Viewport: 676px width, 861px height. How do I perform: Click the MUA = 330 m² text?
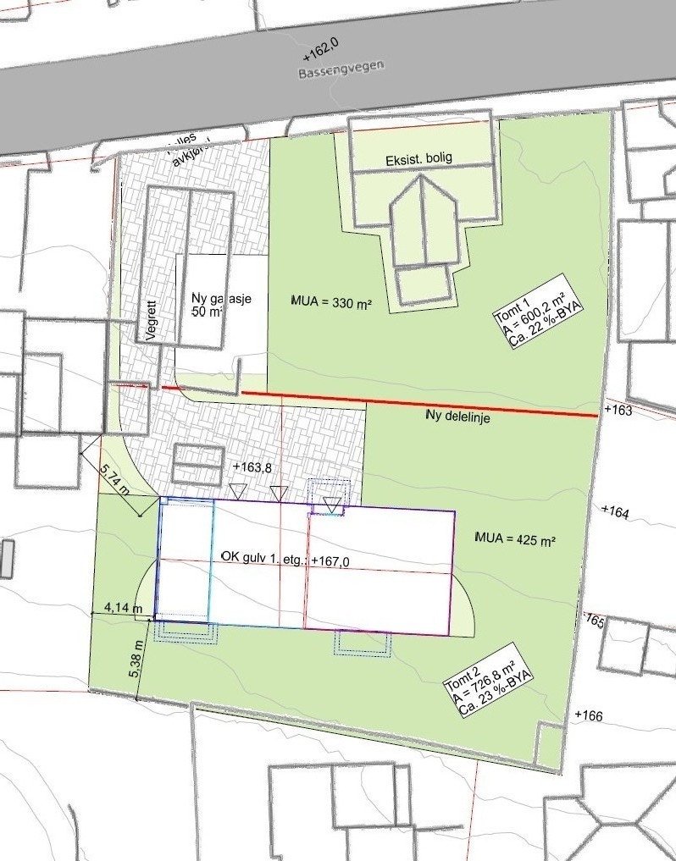tap(332, 302)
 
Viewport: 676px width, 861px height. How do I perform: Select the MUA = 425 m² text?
tap(515, 538)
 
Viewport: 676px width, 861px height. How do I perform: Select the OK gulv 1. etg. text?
tap(263, 559)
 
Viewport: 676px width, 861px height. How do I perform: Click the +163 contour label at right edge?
tap(618, 410)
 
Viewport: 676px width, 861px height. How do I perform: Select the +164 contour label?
tap(616, 511)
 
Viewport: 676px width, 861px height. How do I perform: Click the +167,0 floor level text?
tap(331, 560)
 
